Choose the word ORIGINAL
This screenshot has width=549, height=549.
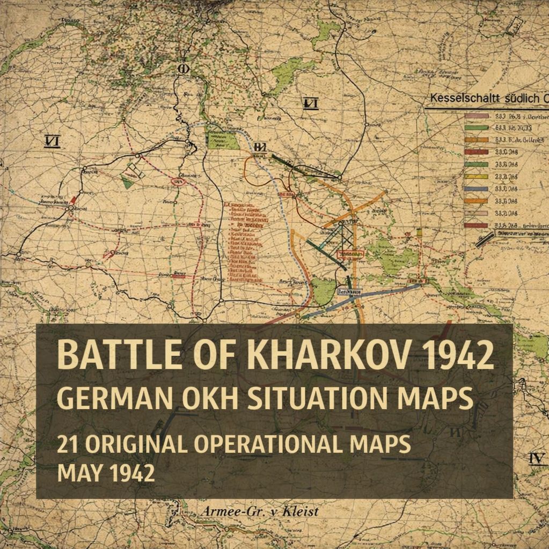coord(135,445)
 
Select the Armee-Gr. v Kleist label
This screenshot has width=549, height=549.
coord(260,511)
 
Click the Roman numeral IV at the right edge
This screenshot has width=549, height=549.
coord(537,458)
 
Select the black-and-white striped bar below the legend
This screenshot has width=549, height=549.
coord(485,239)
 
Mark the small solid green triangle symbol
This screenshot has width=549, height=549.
coord(127,183)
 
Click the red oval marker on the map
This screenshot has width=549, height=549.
coord(178,182)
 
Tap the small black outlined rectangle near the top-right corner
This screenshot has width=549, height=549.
coord(516,26)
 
